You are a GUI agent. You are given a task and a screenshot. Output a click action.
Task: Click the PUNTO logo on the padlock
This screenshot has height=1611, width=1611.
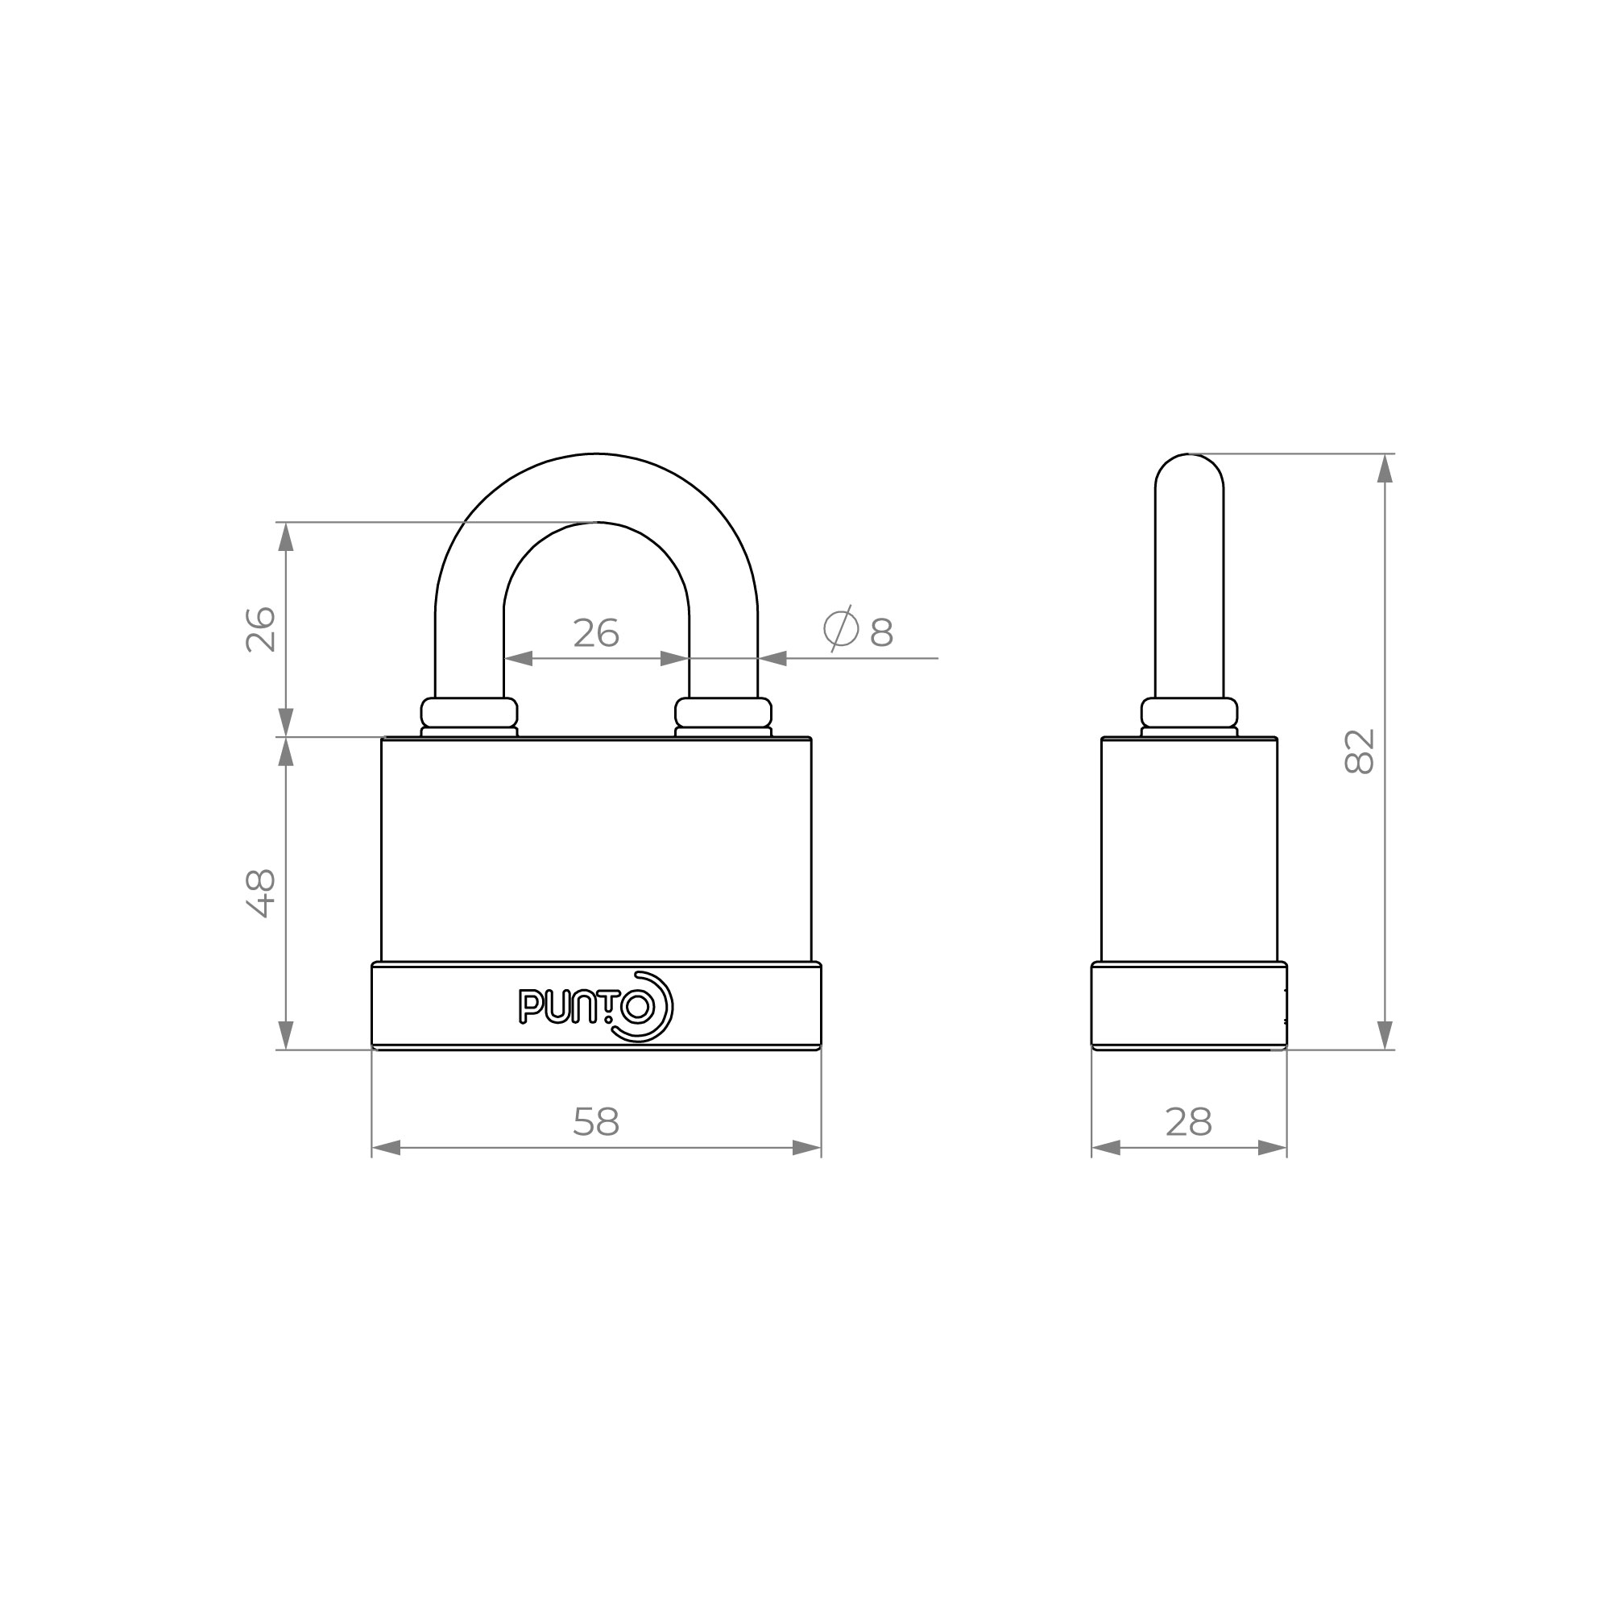point(595,1006)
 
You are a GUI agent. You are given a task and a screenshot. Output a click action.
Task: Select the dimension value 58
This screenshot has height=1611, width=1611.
point(596,1122)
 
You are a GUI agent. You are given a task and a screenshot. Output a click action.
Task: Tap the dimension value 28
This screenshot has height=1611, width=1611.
point(1188,1122)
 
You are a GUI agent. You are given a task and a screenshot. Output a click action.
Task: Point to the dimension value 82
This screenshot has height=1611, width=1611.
point(1359,752)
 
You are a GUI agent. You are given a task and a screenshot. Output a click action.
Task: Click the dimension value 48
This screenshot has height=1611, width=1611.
point(261,893)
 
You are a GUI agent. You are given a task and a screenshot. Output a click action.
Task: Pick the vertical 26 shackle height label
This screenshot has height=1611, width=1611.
point(261,630)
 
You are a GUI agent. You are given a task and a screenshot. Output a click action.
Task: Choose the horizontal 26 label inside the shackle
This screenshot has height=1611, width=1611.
point(596,634)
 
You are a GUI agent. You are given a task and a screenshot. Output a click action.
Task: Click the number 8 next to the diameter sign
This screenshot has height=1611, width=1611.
point(881,634)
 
